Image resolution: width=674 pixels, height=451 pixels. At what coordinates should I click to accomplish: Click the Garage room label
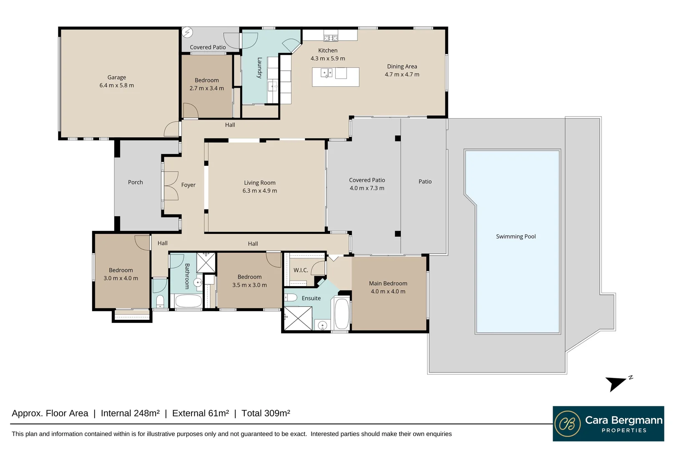point(116,77)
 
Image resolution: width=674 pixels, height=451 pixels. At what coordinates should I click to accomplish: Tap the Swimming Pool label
point(516,236)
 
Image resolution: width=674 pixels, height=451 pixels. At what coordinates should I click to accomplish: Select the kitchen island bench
point(335,77)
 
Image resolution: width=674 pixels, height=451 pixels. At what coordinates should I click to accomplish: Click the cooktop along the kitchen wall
point(331,38)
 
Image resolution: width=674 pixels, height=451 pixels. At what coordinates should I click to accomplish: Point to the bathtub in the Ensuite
point(342,314)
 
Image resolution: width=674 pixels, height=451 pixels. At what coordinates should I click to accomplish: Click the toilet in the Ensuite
point(291,297)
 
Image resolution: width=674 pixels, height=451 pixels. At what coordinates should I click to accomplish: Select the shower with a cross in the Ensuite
point(298,318)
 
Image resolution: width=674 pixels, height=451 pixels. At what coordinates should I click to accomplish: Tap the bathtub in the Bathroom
point(188,301)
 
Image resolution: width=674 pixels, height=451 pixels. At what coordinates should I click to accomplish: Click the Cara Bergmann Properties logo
point(608,423)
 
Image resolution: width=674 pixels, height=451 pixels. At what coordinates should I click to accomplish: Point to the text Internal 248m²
point(130,413)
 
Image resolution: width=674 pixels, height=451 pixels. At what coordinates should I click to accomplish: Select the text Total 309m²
point(266,413)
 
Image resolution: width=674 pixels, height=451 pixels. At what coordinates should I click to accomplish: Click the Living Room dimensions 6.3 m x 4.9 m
point(259,191)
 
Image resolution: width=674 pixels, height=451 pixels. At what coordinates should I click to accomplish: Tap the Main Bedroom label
point(388,283)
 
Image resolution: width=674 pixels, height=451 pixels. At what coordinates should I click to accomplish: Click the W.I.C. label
point(301,270)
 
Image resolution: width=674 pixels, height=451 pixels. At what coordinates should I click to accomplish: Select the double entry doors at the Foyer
point(171,185)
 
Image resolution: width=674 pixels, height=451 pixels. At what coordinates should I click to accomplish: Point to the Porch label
point(135,182)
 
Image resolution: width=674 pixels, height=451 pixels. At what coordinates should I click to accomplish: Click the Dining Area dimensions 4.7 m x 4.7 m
point(402,74)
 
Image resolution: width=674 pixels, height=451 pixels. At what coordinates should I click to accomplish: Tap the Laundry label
point(259,68)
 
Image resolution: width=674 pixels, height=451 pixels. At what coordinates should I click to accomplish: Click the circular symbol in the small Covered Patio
point(187,32)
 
